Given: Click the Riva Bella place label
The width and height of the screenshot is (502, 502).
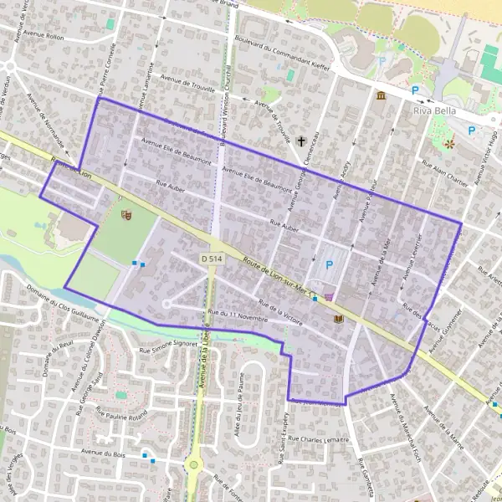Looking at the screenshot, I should [433, 110].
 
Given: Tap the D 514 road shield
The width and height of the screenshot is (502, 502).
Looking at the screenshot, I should [213, 259].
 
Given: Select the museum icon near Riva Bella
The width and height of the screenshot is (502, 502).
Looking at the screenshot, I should [381, 96].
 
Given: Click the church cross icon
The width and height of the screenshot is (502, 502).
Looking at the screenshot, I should [300, 142].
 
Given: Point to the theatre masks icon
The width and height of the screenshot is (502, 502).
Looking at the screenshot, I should [126, 215].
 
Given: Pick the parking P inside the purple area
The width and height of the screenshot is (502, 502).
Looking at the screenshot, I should [329, 265].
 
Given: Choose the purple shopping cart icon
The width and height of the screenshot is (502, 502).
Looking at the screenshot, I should [329, 295].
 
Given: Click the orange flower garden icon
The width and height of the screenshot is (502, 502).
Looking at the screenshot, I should [450, 145].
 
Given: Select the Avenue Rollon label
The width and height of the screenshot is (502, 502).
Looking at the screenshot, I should [44, 37].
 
